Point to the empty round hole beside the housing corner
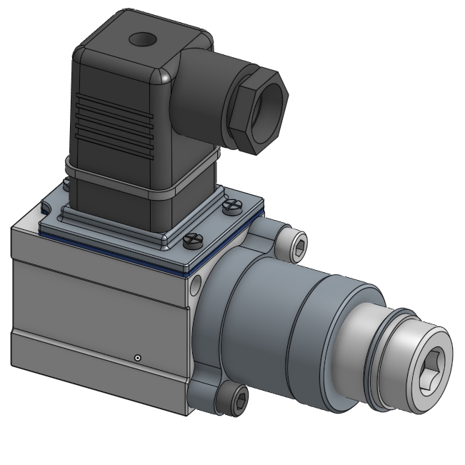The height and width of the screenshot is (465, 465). [194, 284]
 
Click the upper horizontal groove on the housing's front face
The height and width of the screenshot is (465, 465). [100, 281]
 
